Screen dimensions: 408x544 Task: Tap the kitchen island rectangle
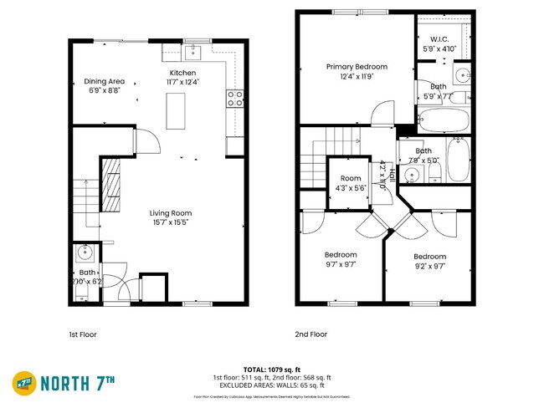(177, 111)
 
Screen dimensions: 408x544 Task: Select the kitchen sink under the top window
(192, 54)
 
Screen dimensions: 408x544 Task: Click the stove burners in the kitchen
(235, 99)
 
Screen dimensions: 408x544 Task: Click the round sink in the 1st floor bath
(84, 252)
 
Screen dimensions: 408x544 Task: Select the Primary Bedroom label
(357, 66)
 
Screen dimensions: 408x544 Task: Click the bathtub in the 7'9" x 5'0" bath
(459, 161)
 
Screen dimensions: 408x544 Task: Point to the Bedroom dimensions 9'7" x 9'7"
(341, 264)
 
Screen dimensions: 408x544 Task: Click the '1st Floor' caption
(82, 334)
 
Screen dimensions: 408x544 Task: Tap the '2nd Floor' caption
(310, 334)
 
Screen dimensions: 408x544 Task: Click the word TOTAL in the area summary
(256, 368)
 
